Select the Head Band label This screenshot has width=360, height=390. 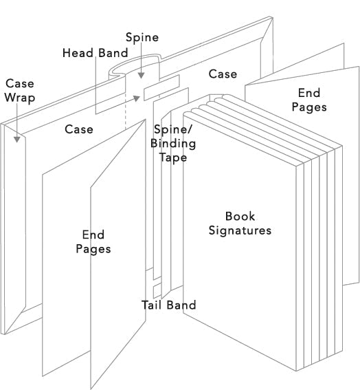coord(95,53)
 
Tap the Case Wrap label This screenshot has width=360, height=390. coord(19,90)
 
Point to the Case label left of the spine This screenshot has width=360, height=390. coord(79,129)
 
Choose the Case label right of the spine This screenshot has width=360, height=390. coord(223,74)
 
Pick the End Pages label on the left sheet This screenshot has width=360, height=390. coord(93,241)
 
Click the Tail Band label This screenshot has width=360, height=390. coord(168,305)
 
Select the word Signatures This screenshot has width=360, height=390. coord(240,230)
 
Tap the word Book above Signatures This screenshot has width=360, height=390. coord(240,216)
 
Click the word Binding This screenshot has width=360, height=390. coord(173,144)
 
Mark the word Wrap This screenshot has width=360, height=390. coord(19,98)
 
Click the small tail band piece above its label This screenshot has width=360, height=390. coord(153,283)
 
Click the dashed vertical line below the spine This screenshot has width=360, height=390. coord(126,117)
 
